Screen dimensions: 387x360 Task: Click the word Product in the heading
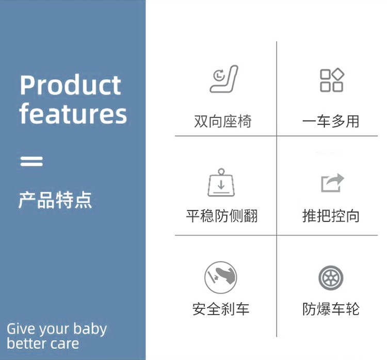coord(70,85)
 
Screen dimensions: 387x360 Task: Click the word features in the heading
coord(73,114)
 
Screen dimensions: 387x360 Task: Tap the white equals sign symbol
coord(31,161)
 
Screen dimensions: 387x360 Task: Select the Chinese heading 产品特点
coord(55,200)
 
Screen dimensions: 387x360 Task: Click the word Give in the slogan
coord(21,329)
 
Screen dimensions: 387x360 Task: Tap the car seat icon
coord(224,79)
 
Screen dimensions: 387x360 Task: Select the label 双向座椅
coord(222,121)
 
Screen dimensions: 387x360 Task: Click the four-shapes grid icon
coord(332,80)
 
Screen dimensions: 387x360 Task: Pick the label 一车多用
coord(331,121)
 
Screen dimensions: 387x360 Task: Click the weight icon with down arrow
coord(221,183)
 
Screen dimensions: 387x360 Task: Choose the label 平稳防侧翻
coord(222,216)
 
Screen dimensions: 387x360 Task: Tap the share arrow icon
coord(332,183)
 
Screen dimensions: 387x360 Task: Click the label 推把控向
coord(331,216)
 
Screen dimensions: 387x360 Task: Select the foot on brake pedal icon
coord(221,277)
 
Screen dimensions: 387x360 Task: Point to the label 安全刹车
coord(221,309)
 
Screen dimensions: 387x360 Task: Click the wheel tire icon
coord(331,278)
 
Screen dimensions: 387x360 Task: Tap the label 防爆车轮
coord(331,309)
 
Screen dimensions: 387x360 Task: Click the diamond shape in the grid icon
coord(338,74)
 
